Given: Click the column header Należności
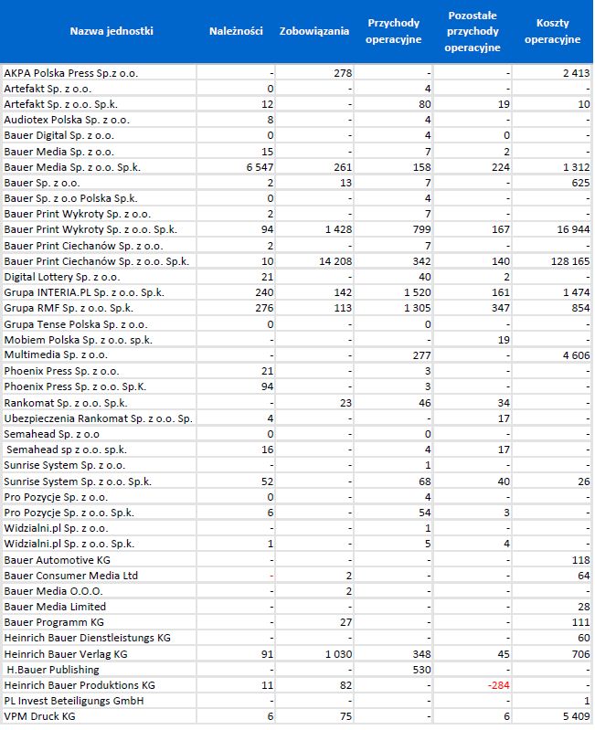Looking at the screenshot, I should point(235,31).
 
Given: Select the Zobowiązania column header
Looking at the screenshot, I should point(313,31).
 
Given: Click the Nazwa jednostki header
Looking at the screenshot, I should point(112,31).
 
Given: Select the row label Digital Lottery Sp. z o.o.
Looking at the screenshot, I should point(62,277).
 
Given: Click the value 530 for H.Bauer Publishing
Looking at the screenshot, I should point(421,670).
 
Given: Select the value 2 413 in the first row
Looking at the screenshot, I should point(567,72).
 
